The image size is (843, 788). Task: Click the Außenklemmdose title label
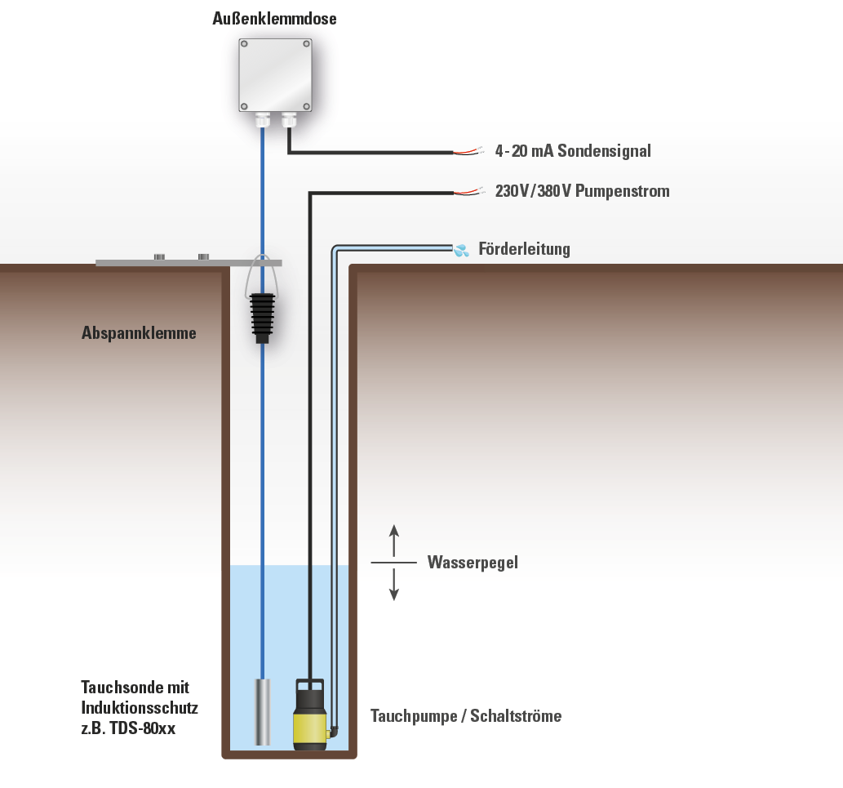tap(274, 19)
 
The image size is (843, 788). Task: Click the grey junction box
tap(275, 75)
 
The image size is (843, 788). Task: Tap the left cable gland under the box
tap(262, 121)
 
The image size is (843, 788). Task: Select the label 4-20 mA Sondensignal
tap(573, 151)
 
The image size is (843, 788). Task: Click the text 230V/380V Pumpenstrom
tap(582, 192)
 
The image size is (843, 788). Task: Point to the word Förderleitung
tap(524, 249)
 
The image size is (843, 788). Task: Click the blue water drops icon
tap(462, 250)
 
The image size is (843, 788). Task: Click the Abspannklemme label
tap(139, 333)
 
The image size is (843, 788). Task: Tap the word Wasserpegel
tap(473, 563)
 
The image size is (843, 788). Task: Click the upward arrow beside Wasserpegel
tap(394, 539)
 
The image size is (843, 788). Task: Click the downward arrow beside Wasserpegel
tap(394, 585)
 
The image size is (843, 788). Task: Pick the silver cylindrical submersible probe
tap(262, 710)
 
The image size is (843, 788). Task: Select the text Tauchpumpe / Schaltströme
tap(466, 716)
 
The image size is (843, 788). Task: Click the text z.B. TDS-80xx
tap(128, 728)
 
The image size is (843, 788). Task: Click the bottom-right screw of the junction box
tap(306, 106)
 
